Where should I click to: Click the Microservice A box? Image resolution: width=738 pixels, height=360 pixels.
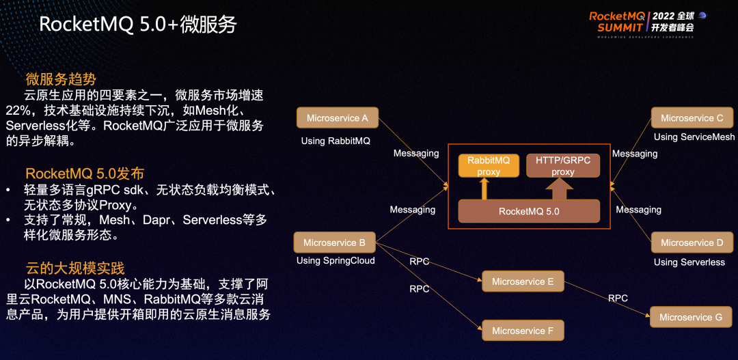tap(337, 117)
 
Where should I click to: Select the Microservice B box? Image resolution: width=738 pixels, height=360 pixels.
tap(334, 243)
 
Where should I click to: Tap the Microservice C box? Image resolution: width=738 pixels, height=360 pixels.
tap(692, 117)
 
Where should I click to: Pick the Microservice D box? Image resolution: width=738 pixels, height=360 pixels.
tap(692, 243)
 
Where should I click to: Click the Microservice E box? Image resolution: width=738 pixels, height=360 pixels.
tap(523, 281)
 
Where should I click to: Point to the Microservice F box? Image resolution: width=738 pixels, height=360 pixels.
tap(523, 331)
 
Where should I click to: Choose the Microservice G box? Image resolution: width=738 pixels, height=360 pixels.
tap(690, 317)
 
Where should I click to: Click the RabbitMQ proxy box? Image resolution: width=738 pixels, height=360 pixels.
tap(489, 166)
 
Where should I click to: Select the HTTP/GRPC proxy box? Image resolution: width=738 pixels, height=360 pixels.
tap(563, 166)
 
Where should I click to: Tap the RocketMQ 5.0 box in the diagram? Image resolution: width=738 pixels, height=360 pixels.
tap(529, 211)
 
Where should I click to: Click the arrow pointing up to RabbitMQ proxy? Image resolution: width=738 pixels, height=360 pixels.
tap(485, 189)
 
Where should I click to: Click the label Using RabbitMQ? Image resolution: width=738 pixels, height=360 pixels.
tap(336, 141)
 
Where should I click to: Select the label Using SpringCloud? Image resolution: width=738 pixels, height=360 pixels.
tap(336, 260)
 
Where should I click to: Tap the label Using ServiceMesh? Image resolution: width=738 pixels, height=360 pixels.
tap(694, 137)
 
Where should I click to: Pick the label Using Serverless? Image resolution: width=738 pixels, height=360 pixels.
tap(689, 262)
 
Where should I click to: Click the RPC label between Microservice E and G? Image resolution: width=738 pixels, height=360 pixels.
tap(618, 298)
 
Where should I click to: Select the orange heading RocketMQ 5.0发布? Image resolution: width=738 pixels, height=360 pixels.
tap(85, 174)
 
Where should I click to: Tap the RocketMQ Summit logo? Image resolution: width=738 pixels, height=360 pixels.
tap(646, 21)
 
